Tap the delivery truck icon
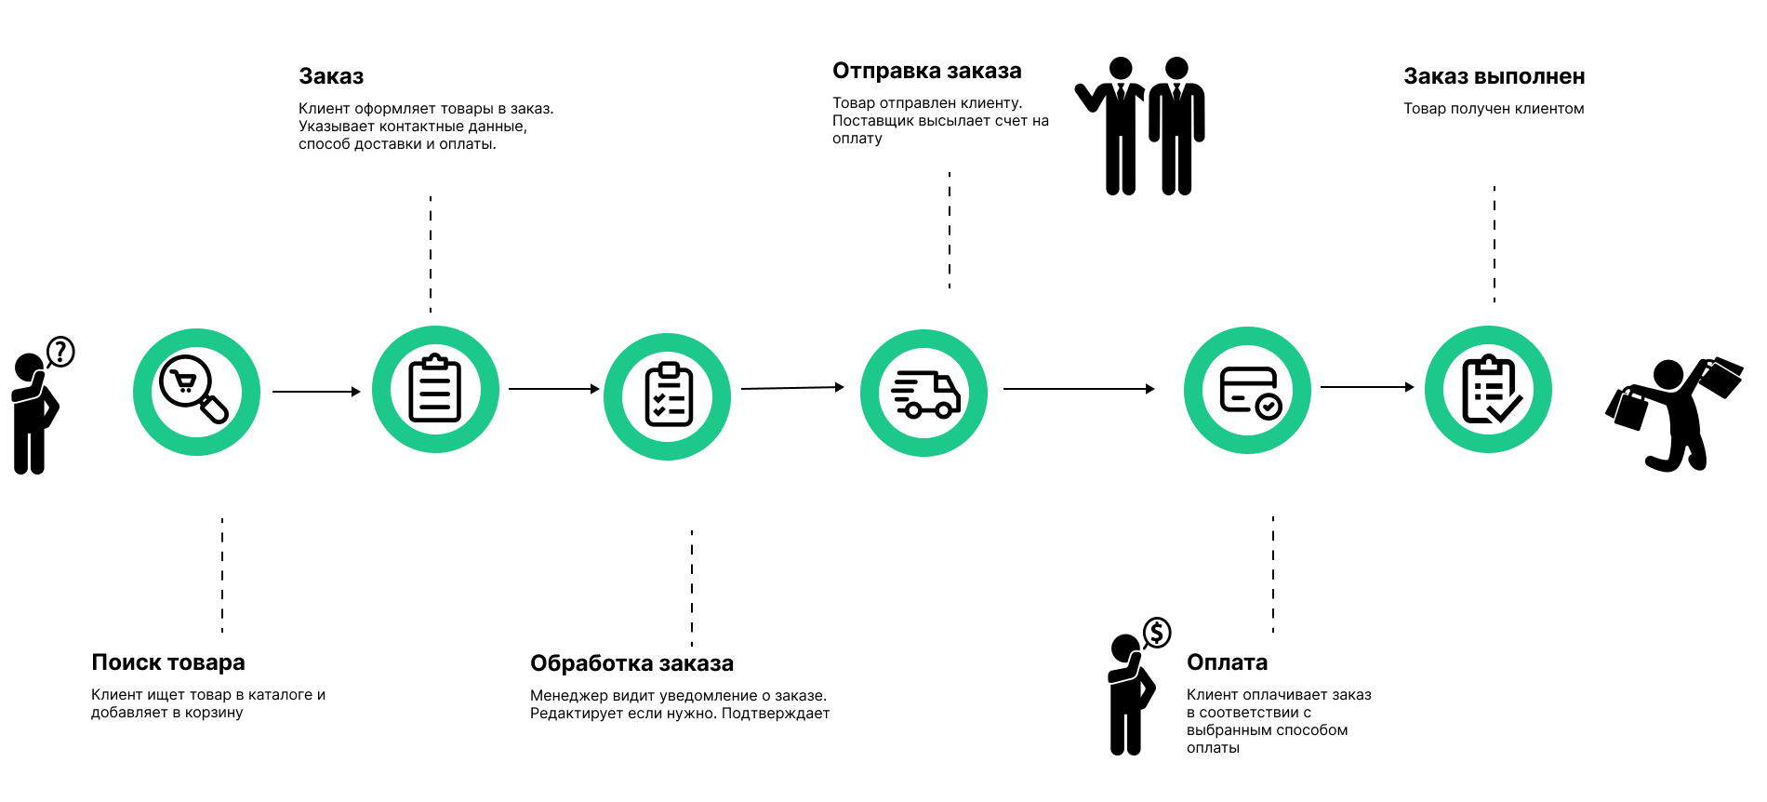click(924, 394)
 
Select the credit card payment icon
click(1248, 391)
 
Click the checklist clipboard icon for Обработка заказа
click(668, 396)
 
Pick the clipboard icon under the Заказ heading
click(435, 389)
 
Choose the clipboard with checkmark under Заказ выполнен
click(1489, 389)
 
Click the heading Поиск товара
click(168, 662)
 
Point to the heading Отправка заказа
click(926, 71)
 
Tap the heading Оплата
click(1227, 662)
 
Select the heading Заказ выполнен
click(1494, 76)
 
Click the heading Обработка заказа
click(631, 663)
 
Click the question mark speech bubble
click(60, 352)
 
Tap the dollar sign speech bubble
click(1157, 633)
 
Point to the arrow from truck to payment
click(1079, 389)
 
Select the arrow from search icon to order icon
click(316, 392)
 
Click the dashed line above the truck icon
click(950, 230)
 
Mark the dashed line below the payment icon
click(1273, 574)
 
